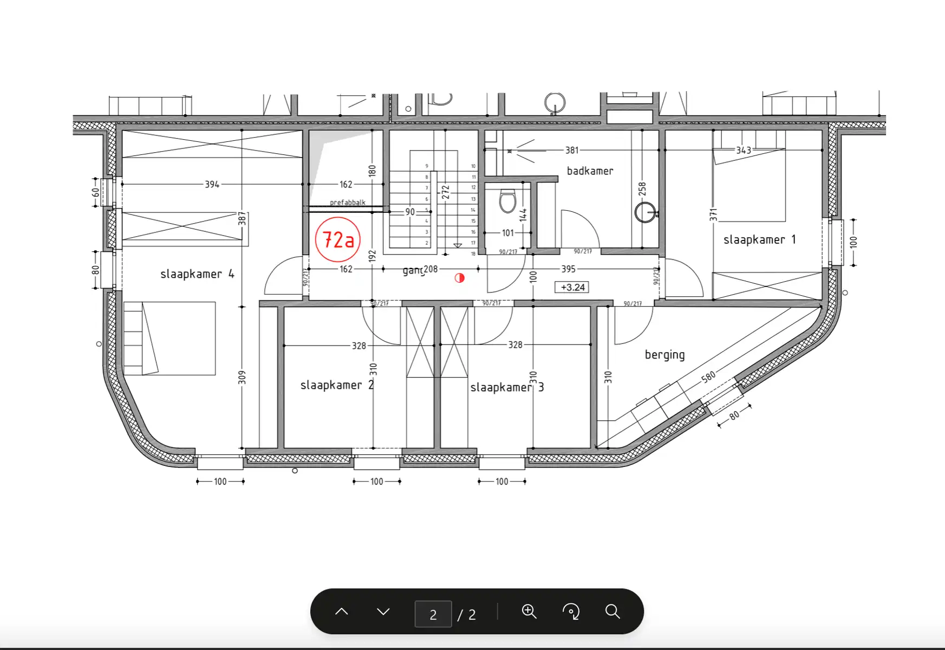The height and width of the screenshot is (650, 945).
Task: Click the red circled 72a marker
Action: click(338, 239)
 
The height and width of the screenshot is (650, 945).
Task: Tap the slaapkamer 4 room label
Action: click(197, 274)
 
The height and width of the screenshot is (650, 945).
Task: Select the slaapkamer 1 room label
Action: click(759, 239)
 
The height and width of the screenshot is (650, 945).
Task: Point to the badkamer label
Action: click(590, 171)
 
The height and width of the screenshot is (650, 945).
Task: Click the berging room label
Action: click(664, 355)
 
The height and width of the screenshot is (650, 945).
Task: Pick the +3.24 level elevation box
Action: click(572, 287)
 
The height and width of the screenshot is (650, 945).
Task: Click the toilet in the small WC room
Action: click(507, 201)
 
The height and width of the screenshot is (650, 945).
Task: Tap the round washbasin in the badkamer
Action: click(645, 212)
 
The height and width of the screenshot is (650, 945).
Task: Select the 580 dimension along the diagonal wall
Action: click(708, 376)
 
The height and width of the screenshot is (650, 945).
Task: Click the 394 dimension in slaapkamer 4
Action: click(212, 184)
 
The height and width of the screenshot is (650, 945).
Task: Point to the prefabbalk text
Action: click(348, 203)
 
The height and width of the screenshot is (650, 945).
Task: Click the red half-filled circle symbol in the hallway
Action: click(459, 278)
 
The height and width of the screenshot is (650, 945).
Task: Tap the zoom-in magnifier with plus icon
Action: click(529, 612)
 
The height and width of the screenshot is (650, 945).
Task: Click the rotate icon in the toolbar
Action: click(571, 612)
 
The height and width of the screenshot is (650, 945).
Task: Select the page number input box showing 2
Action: click(433, 614)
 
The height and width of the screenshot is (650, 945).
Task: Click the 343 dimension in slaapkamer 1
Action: click(744, 150)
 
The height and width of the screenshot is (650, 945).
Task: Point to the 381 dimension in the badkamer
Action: click(572, 150)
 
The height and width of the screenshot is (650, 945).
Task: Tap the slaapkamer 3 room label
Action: click(507, 387)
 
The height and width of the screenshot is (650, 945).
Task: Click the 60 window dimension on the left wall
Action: click(95, 192)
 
